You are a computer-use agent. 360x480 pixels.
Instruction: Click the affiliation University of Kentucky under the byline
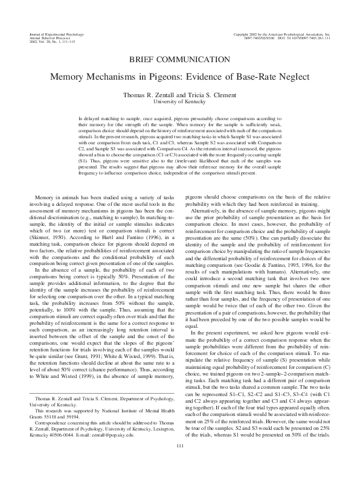point(179,102)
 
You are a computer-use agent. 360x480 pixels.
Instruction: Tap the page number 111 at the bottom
point(179,463)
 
